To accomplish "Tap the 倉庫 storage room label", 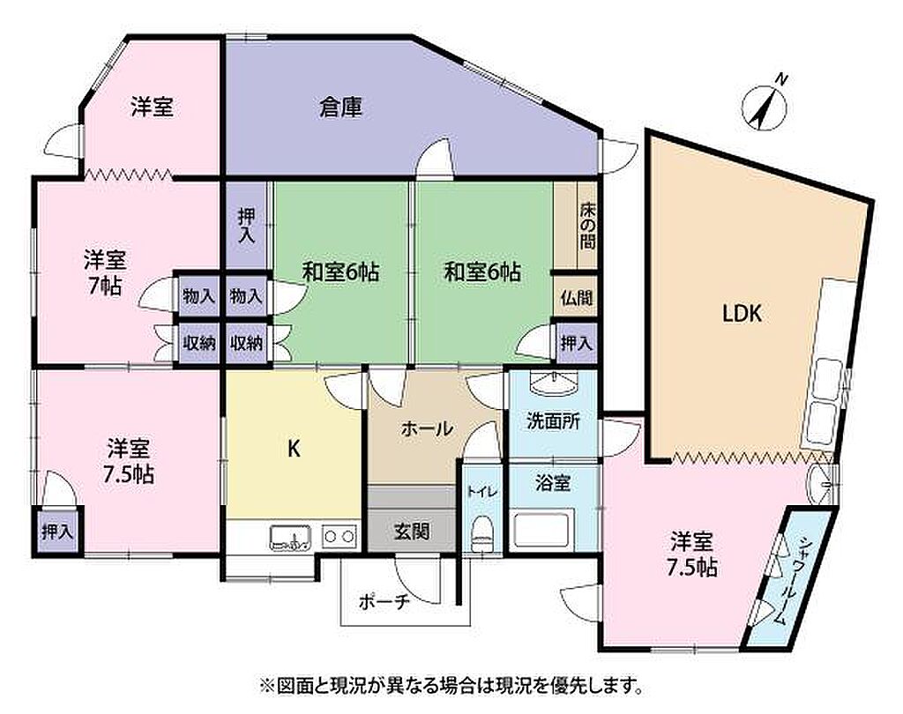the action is pos(341,108).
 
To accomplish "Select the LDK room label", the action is pos(743,314).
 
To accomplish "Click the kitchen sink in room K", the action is pos(290,537).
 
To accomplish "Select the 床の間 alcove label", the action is pos(587,225).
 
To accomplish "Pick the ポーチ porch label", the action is pos(384,602).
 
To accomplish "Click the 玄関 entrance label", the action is pos(413,531).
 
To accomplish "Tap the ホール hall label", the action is pos(428,428).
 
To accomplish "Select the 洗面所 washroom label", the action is pos(554,421).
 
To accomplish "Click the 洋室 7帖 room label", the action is pos(105,272).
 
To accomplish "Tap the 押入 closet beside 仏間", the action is pos(577,344).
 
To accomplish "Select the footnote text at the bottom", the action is pos(451,685).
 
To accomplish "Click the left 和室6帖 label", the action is pos(341,271).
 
